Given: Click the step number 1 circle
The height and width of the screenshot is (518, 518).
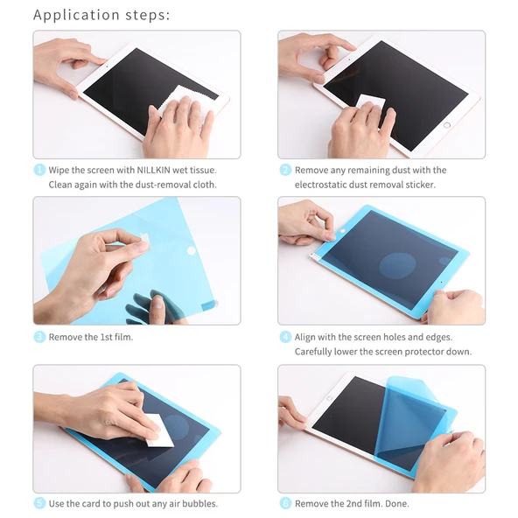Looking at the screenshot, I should point(39,170).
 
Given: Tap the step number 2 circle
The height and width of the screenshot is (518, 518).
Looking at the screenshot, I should point(285,170).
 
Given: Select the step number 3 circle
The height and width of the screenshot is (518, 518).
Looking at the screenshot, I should point(39,337).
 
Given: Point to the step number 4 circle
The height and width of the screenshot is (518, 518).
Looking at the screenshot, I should point(285,337).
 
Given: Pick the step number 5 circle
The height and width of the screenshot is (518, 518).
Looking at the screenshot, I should point(39,503).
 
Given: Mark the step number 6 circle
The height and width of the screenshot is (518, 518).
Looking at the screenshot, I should point(285,503).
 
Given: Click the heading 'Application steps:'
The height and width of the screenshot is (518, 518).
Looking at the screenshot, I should point(101,15).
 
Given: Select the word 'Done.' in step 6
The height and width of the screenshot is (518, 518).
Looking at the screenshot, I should point(395,503).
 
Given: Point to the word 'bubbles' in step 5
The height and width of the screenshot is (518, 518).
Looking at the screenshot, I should point(198,503).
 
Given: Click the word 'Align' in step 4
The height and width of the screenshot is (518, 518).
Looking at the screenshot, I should point(307,337).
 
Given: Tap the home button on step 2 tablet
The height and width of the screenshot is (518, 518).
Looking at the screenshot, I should point(448,125).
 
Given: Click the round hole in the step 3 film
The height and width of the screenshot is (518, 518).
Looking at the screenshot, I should point(192,250).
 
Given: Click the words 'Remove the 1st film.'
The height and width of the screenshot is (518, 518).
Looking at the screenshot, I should point(90,337).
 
